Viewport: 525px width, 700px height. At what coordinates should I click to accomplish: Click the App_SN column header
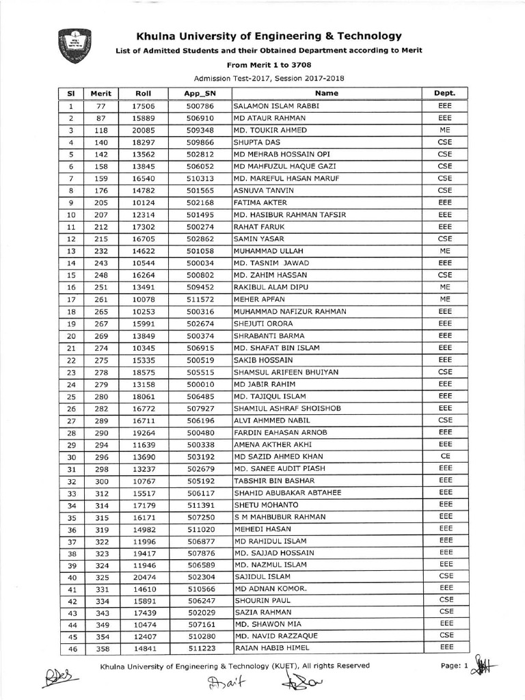click(200, 94)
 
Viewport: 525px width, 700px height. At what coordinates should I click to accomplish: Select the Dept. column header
click(444, 94)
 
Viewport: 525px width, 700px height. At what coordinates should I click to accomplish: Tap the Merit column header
click(100, 94)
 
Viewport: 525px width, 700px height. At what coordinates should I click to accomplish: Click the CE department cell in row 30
click(445, 457)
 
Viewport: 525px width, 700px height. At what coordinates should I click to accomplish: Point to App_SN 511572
click(200, 299)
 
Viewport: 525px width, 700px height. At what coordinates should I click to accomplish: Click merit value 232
click(101, 251)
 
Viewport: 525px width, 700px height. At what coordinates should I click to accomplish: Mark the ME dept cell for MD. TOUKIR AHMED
click(445, 130)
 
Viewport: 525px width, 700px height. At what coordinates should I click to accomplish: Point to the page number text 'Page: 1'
click(455, 666)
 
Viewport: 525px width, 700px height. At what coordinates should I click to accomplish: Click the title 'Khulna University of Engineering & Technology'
click(269, 36)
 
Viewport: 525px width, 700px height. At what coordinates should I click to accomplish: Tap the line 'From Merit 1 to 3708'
click(269, 65)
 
